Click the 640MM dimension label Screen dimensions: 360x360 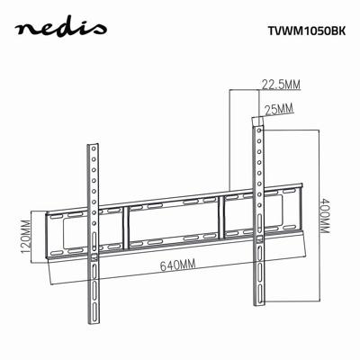(x=178, y=266)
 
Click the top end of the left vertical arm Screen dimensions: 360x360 (x=94, y=146)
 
